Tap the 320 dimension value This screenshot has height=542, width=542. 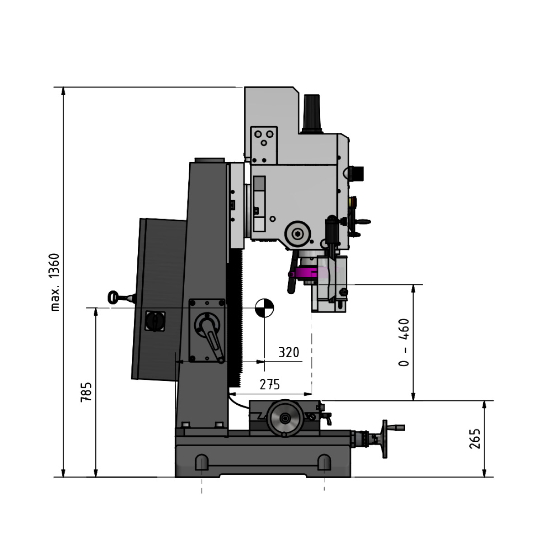point(289,352)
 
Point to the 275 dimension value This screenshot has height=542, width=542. point(270,384)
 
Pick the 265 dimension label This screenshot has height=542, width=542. point(475,438)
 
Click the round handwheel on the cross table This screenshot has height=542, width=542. point(285,418)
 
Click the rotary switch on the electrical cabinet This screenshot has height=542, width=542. point(155,321)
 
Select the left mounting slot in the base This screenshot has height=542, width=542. point(202,462)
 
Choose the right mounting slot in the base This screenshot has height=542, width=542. point(324,462)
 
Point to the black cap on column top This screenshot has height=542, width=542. point(210,160)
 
